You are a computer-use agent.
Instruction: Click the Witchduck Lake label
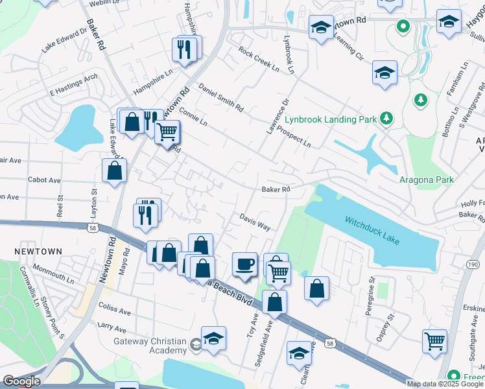pos(372,230)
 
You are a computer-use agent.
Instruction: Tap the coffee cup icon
pos(244,264)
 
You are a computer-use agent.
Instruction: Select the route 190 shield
pos(473,265)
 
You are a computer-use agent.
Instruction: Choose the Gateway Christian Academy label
pos(150,346)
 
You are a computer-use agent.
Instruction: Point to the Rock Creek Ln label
pos(258,59)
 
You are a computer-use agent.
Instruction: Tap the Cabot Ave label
pos(44,180)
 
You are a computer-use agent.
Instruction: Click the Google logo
pos(21,381)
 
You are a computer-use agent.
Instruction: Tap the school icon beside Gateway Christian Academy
pos(213,338)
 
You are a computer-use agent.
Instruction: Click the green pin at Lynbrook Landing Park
pos(387,117)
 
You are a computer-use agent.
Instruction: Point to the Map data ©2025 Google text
pos(445,384)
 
